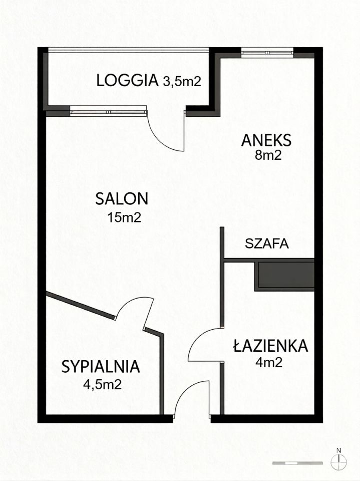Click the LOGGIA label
coord(127,81)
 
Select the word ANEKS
coord(266,140)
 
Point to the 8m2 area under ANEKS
coord(268,155)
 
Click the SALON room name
coord(122,198)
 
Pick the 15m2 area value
coord(124,217)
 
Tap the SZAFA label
coord(267,244)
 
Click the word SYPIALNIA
coord(101,367)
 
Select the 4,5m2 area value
coord(103,384)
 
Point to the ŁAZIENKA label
coord(270,345)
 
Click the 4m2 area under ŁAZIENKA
coord(268,363)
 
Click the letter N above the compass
coord(339,450)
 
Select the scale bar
coord(298,463)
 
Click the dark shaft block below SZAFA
coord(284,275)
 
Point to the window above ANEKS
coord(267,53)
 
